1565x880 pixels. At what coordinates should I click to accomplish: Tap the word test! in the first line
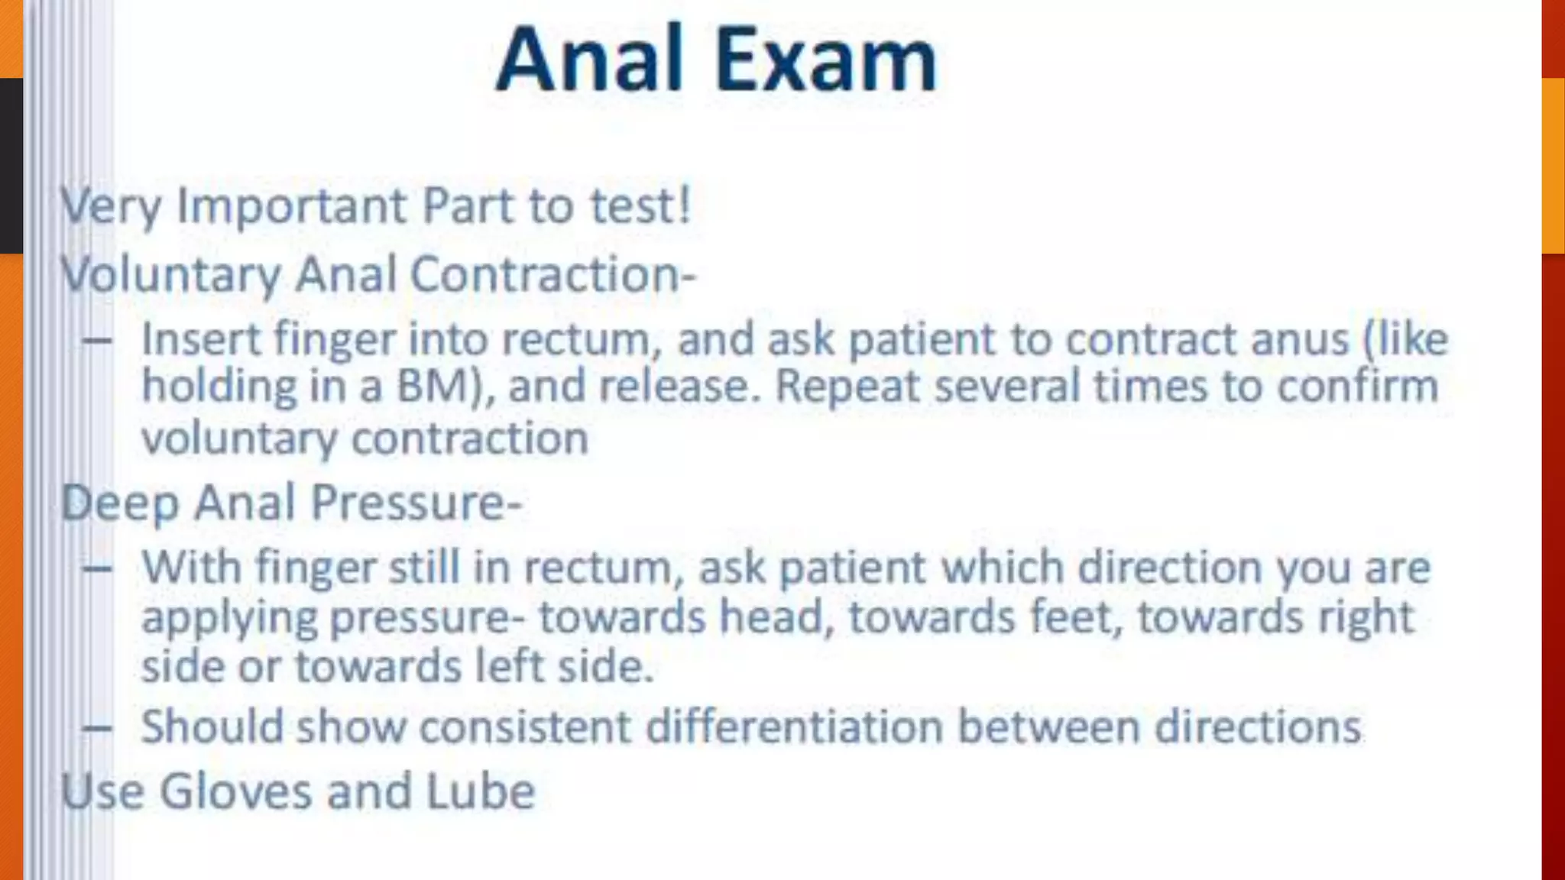pyautogui.click(x=640, y=205)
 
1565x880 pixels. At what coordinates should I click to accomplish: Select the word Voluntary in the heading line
pyautogui.click(x=170, y=274)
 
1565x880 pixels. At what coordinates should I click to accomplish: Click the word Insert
pyautogui.click(x=201, y=338)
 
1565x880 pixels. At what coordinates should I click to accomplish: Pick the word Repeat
pyautogui.click(x=847, y=386)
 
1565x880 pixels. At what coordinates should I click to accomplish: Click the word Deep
pyautogui.click(x=120, y=503)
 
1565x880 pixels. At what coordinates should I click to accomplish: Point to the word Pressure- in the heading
pyautogui.click(x=416, y=503)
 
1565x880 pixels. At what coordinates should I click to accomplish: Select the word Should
pyautogui.click(x=212, y=726)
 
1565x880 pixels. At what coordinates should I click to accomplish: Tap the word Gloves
pyautogui.click(x=235, y=791)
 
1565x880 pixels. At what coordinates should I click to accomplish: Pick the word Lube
pyautogui.click(x=480, y=791)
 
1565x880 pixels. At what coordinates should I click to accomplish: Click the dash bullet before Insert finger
pyautogui.click(x=97, y=340)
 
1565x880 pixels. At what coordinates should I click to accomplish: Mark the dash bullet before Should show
pyautogui.click(x=97, y=727)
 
